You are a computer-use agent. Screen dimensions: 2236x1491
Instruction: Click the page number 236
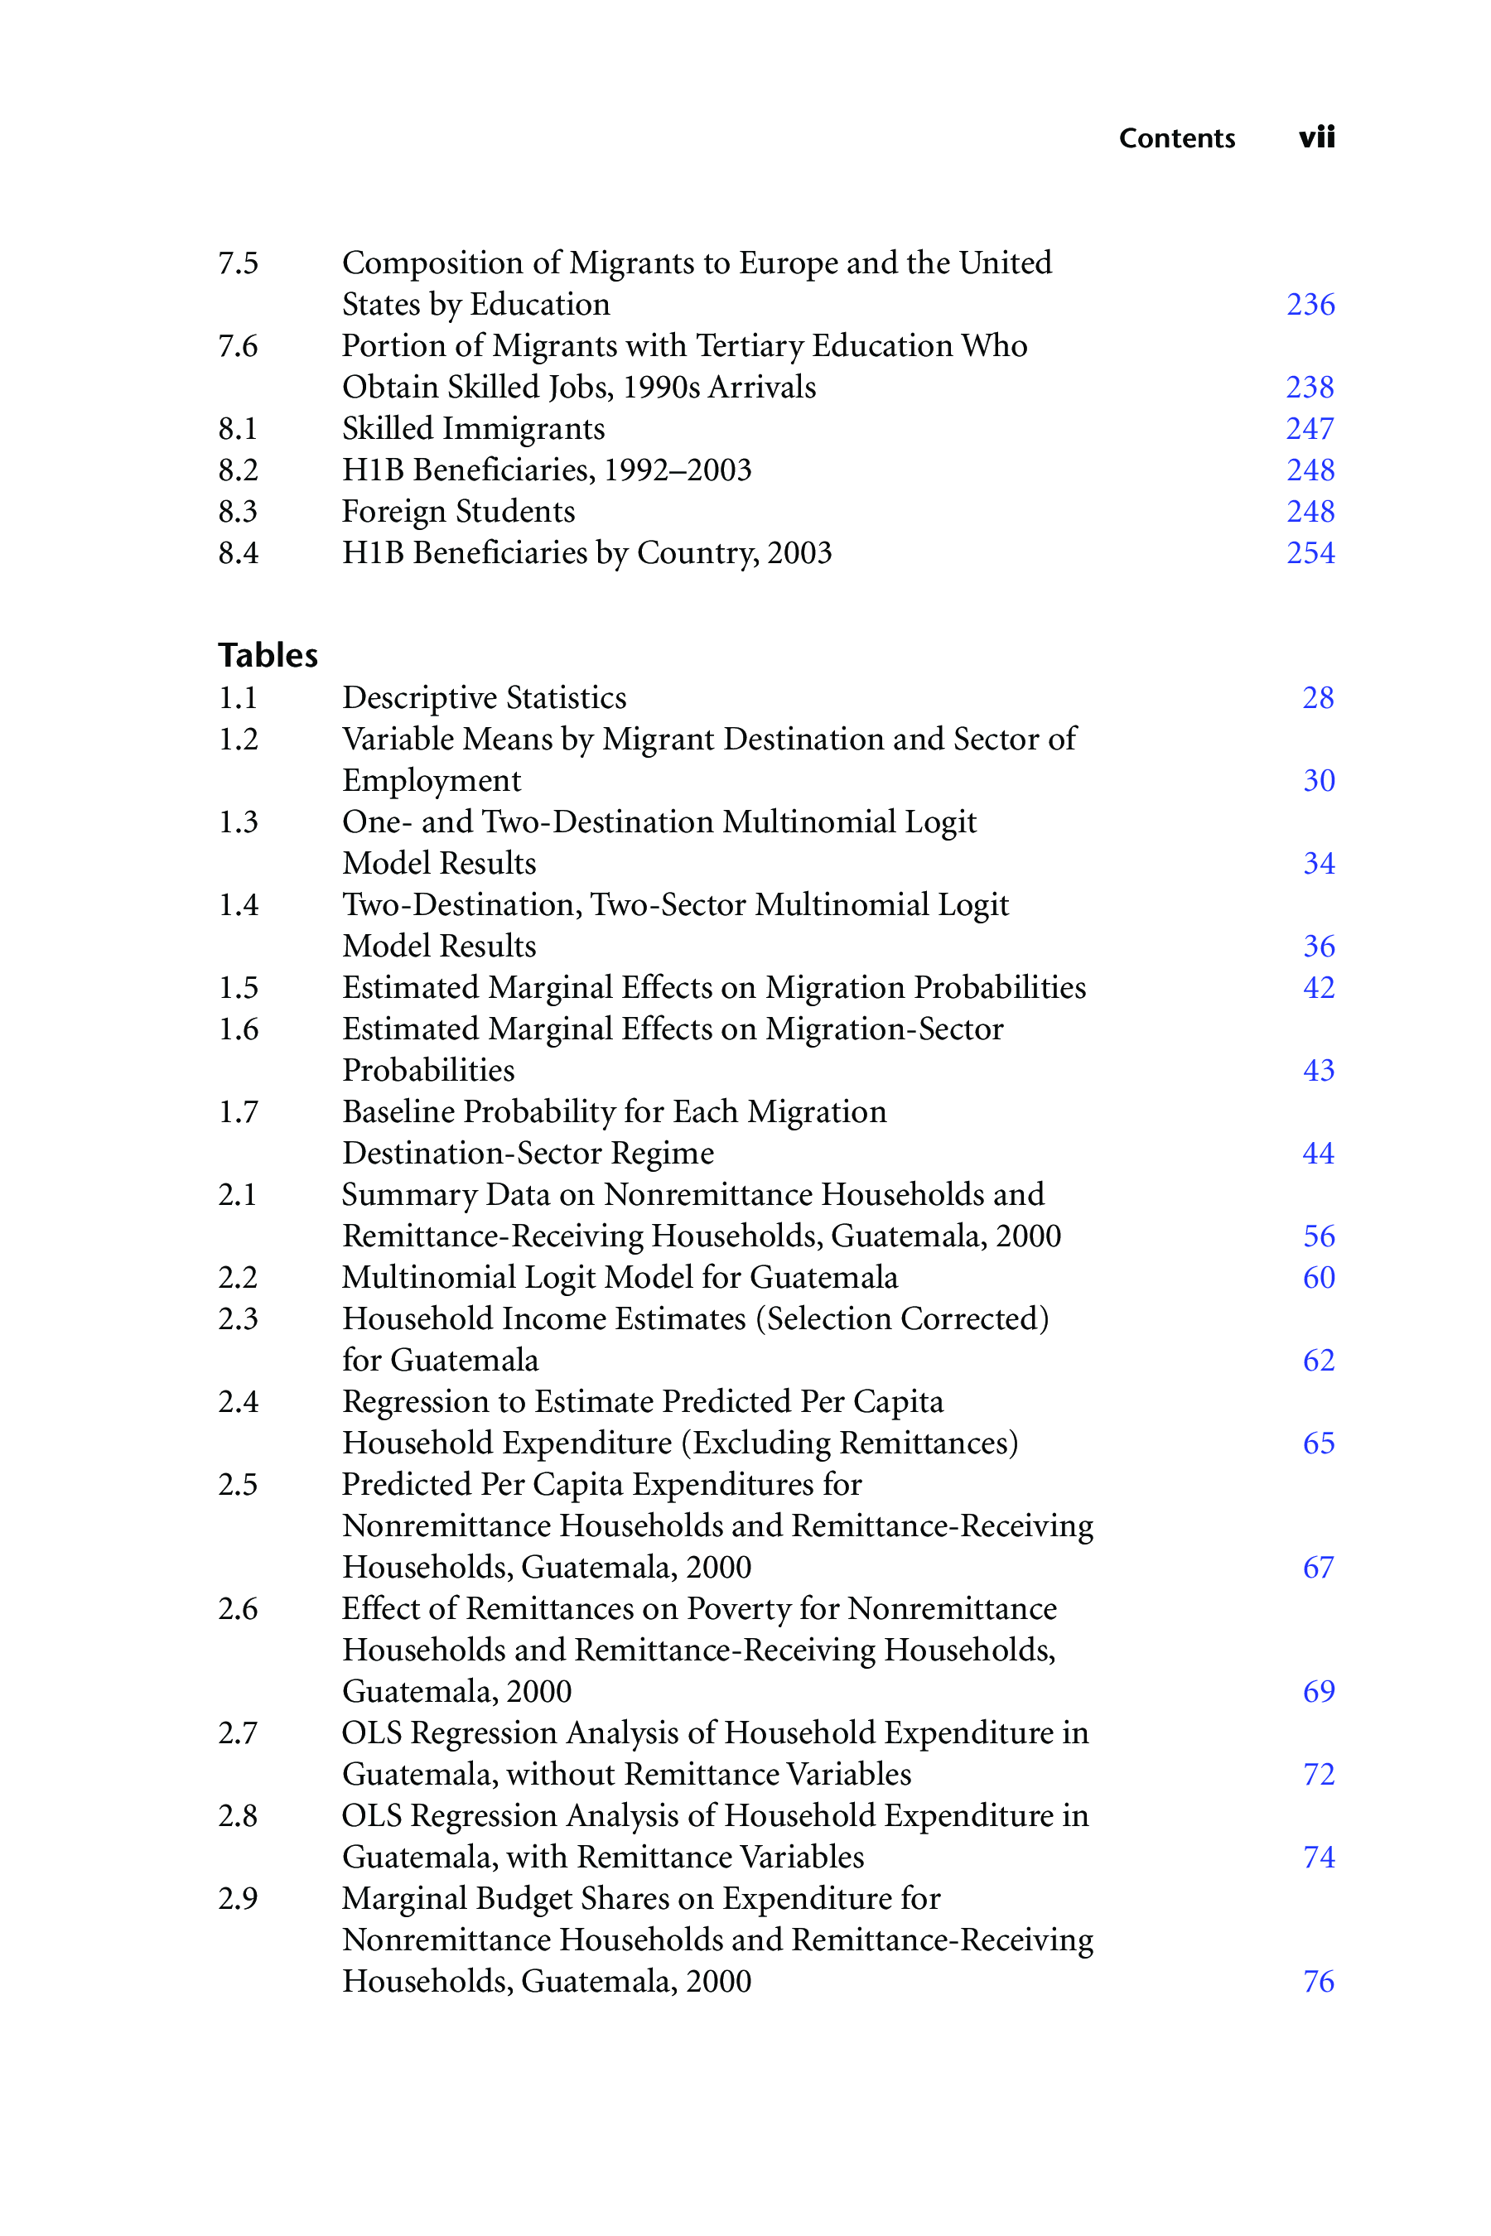pos(1310,304)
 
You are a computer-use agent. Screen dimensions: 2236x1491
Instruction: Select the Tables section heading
pos(268,655)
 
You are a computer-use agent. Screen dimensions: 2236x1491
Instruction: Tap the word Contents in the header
pos(1176,139)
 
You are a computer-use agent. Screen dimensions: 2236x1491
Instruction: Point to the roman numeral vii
pos(1316,137)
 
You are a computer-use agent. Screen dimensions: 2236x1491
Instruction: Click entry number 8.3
pos(238,512)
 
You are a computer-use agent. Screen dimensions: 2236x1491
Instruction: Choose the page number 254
pos(1310,552)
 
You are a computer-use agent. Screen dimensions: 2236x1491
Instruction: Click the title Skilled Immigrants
pos(473,429)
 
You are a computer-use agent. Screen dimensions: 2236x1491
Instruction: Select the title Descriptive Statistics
pos(484,698)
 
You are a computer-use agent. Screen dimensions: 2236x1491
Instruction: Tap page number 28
pos(1318,698)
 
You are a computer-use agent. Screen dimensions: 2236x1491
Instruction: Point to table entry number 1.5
pos(238,988)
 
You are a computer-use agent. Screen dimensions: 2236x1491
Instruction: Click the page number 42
pos(1318,988)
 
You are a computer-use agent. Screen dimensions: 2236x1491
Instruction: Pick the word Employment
pos(431,780)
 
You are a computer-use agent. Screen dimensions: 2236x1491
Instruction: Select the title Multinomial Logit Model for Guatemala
pos(619,1278)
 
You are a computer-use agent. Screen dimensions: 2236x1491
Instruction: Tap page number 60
pos(1318,1278)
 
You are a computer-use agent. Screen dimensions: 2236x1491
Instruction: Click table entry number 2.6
pos(238,1608)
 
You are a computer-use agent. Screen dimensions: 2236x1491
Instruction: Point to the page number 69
pos(1318,1691)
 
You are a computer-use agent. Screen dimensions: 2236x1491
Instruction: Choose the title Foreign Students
pos(458,512)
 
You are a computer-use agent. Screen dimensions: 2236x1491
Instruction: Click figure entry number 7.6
pos(238,346)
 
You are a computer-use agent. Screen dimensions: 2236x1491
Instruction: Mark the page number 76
pos(1318,1981)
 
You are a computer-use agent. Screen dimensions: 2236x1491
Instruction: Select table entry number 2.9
pos(238,1898)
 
